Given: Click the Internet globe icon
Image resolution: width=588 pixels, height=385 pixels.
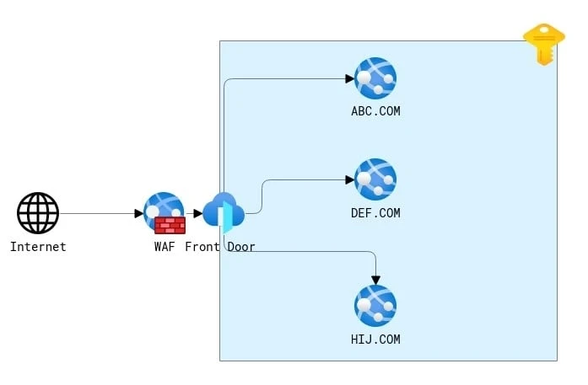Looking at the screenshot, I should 38,213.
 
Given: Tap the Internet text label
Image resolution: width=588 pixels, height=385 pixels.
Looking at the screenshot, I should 38,247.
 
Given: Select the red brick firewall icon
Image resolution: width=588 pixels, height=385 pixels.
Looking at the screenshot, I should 170,225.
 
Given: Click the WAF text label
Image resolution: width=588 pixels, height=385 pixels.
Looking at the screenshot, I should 165,247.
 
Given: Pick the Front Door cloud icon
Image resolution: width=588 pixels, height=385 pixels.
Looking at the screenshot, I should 224,212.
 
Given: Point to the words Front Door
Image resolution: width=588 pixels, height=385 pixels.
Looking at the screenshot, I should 220,247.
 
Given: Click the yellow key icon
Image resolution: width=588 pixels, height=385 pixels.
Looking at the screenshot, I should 543,43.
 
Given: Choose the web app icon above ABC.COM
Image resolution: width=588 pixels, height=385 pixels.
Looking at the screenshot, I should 375,78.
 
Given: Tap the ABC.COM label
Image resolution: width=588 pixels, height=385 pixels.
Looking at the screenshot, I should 375,111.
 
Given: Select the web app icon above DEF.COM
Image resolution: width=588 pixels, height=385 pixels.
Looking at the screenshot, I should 375,179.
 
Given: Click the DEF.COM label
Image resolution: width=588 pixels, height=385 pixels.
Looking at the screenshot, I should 375,213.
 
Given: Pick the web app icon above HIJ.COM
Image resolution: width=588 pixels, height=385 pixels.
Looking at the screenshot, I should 375,306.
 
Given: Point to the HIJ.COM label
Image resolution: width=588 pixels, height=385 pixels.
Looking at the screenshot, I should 375,340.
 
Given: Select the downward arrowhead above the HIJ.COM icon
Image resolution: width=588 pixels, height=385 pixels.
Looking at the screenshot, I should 376,280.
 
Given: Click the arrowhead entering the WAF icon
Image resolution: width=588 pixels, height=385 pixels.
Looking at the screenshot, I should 138,213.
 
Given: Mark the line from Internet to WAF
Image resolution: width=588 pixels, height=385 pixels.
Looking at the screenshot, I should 97,213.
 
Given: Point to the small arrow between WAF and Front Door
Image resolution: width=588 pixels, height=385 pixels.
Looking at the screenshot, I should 197,213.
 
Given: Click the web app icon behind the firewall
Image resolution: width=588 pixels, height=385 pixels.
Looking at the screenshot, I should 164,206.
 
